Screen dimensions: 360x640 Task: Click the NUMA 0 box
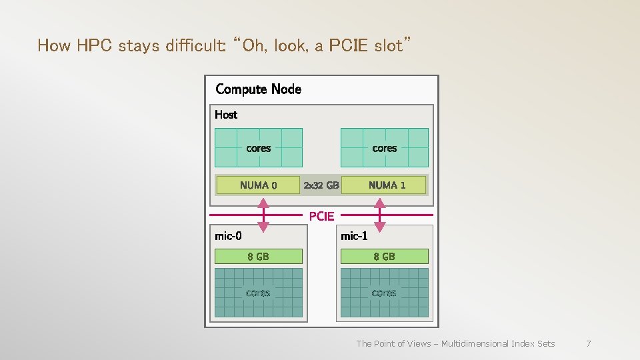click(x=258, y=185)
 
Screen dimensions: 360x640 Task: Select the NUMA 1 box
click(x=384, y=185)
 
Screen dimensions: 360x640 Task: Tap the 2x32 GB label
click(x=321, y=185)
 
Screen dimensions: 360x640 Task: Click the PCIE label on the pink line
click(x=321, y=216)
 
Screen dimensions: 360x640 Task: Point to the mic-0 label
click(x=228, y=235)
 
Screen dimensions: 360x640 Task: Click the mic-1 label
click(x=354, y=235)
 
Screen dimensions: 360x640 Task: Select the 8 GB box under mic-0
click(x=258, y=256)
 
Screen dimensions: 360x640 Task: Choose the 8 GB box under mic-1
click(x=384, y=256)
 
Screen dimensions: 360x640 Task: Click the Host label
click(x=226, y=115)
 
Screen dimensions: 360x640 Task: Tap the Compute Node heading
click(x=258, y=89)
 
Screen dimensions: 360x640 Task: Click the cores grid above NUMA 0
click(x=258, y=147)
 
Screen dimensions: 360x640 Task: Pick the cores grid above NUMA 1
click(x=384, y=147)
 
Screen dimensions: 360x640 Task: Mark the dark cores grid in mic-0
click(x=258, y=293)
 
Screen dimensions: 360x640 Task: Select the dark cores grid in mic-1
click(x=384, y=293)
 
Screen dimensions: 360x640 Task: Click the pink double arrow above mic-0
click(x=263, y=216)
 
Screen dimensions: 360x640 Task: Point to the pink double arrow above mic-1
click(x=380, y=216)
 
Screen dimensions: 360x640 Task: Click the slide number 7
click(x=588, y=343)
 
